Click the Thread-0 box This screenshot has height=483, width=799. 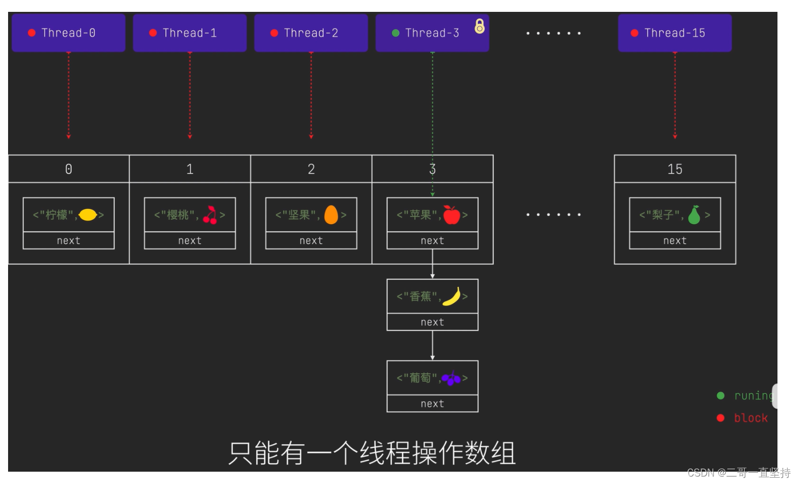pyautogui.click(x=68, y=33)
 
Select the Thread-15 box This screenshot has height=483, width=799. pyautogui.click(x=675, y=33)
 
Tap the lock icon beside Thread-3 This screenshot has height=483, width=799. pyautogui.click(x=479, y=26)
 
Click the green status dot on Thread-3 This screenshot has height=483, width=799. pyautogui.click(x=396, y=33)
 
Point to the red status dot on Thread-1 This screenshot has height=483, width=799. pyautogui.click(x=153, y=33)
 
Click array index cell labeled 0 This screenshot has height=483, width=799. pyautogui.click(x=68, y=169)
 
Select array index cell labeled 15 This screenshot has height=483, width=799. pyautogui.click(x=675, y=169)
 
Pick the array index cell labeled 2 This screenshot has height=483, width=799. pyautogui.click(x=311, y=169)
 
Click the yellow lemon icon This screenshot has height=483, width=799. pyautogui.click(x=88, y=215)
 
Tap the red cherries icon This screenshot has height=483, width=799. pyautogui.click(x=210, y=215)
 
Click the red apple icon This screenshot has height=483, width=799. pyautogui.click(x=452, y=215)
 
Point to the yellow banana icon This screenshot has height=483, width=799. pyautogui.click(x=452, y=296)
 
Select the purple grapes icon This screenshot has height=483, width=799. pyautogui.click(x=451, y=378)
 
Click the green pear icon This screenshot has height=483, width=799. pyautogui.click(x=695, y=215)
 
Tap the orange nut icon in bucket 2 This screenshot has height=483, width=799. pyautogui.click(x=331, y=215)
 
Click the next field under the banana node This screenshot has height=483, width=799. pyautogui.click(x=432, y=322)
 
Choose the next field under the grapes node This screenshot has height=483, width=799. pyautogui.click(x=432, y=404)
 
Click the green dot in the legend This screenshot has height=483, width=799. pyautogui.click(x=720, y=396)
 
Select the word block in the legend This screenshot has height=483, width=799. pyautogui.click(x=751, y=418)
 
